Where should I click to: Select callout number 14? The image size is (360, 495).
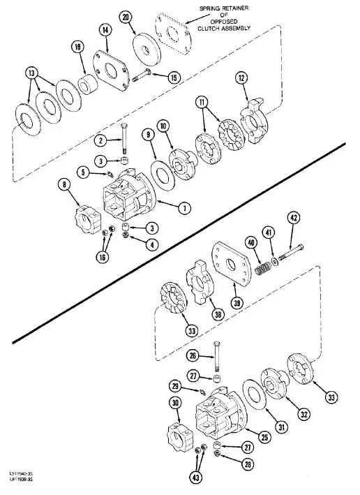(x=105, y=30)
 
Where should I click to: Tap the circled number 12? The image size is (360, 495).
(x=241, y=79)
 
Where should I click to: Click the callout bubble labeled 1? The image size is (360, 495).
(x=184, y=207)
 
